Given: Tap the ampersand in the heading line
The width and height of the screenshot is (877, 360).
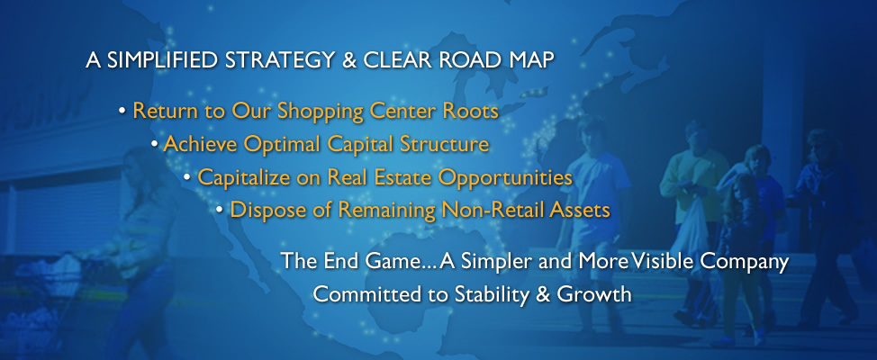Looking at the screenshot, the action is pyautogui.click(x=349, y=60).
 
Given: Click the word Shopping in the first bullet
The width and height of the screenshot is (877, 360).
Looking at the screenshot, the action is pyautogui.click(x=321, y=112).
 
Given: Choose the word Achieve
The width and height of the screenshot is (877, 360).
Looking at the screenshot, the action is pyautogui.click(x=201, y=144).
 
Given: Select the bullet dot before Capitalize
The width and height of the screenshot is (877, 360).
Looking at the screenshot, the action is pyautogui.click(x=186, y=177).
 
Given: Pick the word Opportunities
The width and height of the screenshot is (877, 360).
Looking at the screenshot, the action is pyautogui.click(x=505, y=178).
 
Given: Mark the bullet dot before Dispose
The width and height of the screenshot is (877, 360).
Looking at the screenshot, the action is pyautogui.click(x=220, y=211).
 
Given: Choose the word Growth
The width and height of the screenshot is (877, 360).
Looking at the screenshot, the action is pyautogui.click(x=594, y=294).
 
